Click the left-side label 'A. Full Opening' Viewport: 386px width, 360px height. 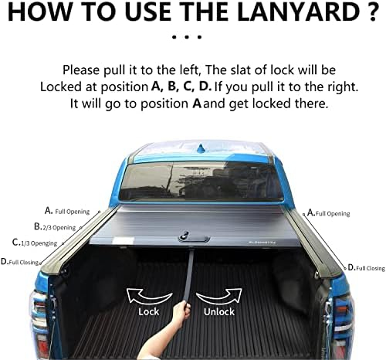pyautogui.click(x=67, y=211)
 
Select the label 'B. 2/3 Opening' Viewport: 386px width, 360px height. pyautogui.click(x=55, y=227)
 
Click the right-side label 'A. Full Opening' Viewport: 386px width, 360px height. pyautogui.click(x=329, y=212)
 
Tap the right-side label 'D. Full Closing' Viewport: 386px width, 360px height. pyautogui.click(x=366, y=267)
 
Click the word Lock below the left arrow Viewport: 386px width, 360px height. pyautogui.click(x=149, y=311)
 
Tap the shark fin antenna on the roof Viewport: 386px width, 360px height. pyautogui.click(x=201, y=145)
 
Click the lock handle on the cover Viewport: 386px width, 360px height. pyautogui.click(x=185, y=233)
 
